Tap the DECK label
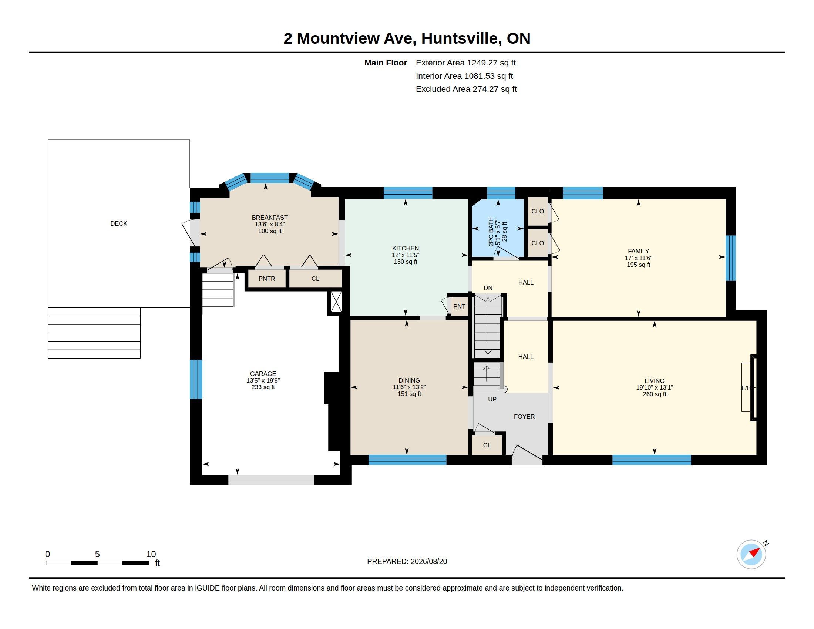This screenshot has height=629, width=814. (x=119, y=223)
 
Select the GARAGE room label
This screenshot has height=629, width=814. (x=263, y=374)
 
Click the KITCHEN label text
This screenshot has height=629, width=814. (x=406, y=248)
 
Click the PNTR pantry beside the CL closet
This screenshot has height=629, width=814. (x=267, y=279)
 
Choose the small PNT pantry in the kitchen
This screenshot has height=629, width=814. (x=459, y=306)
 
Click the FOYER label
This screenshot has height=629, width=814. (x=524, y=417)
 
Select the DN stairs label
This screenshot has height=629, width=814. (x=488, y=288)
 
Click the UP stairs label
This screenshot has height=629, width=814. (x=492, y=399)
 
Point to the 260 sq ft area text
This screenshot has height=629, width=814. (x=655, y=394)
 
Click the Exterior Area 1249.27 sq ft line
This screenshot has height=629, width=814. (x=466, y=63)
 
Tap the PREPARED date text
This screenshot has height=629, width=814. (x=407, y=561)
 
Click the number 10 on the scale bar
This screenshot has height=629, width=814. (x=151, y=554)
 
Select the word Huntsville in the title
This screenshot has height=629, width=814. (x=461, y=38)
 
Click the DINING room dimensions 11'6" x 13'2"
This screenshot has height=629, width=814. (x=409, y=387)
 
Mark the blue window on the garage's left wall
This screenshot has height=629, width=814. (x=196, y=379)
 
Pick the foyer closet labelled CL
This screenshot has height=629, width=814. (x=487, y=445)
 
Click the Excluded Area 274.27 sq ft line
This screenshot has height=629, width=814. (x=466, y=89)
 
